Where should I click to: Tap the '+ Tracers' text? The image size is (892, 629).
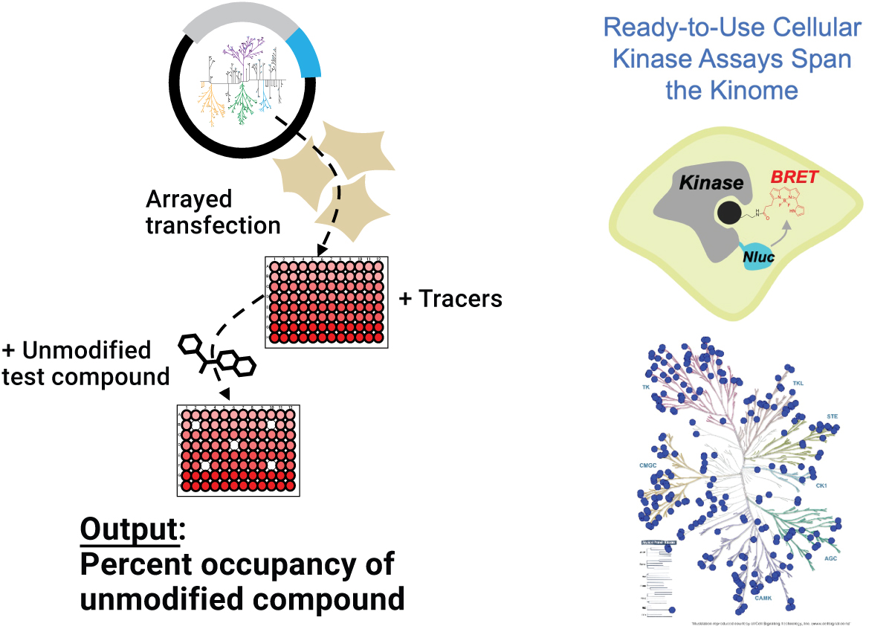click(450, 299)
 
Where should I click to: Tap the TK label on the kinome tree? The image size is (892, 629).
click(646, 387)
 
